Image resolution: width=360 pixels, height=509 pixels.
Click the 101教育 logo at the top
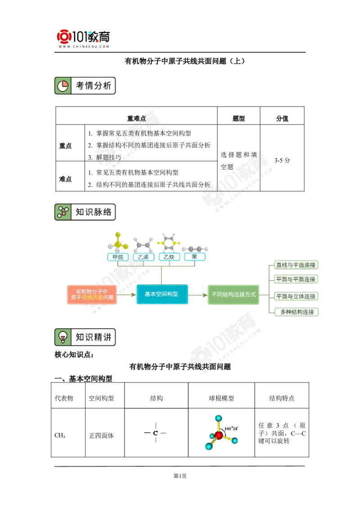tap(85, 38)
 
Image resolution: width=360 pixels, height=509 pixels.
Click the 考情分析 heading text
tap(93, 86)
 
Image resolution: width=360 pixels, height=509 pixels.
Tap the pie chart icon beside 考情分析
tap(63, 86)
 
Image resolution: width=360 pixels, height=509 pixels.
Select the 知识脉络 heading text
tap(93, 212)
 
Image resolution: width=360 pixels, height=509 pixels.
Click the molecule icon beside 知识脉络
tap(63, 212)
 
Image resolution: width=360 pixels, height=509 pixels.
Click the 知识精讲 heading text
tap(93, 337)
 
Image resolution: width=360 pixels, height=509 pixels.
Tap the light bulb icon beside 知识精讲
tap(63, 337)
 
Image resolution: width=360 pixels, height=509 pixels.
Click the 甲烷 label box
tap(118, 257)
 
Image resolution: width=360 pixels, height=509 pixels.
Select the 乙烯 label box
tap(144, 257)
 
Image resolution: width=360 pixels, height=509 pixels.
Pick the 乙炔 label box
tap(169, 257)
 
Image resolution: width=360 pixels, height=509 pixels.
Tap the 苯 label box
tap(194, 257)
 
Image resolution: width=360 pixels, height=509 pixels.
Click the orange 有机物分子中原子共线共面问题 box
tap(92, 295)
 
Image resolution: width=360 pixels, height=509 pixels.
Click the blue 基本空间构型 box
tap(162, 294)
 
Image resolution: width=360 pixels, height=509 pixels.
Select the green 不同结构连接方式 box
tap(233, 295)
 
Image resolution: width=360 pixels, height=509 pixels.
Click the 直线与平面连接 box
tap(296, 265)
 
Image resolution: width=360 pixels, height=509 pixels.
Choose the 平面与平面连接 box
tap(296, 279)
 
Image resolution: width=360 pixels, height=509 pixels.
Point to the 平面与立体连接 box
tap(296, 296)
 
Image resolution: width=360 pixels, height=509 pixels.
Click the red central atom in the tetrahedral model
tap(219, 435)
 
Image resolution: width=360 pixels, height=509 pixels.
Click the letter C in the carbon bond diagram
tap(156, 433)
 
